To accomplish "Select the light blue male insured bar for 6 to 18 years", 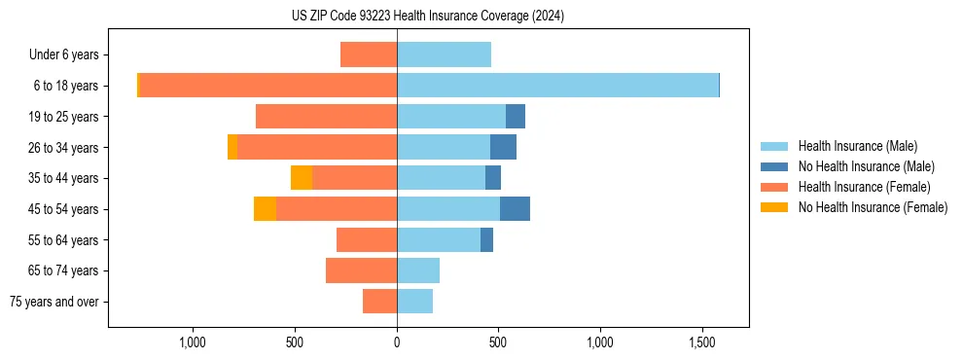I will tap(557, 86).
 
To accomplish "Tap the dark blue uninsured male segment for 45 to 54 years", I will tap(515, 209).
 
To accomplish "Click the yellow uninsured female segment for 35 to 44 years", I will tap(302, 178).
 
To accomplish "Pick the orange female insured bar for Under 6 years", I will tap(369, 54).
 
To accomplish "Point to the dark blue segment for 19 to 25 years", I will tap(516, 117).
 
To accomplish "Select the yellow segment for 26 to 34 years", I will tap(232, 147).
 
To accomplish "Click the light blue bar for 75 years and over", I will tap(414, 302).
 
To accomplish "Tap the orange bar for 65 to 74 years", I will tap(361, 270).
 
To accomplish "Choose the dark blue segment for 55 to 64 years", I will tap(486, 240).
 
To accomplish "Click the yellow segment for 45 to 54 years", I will tap(265, 209).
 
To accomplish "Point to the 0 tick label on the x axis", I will tap(397, 342).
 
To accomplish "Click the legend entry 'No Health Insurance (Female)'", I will tap(873, 207).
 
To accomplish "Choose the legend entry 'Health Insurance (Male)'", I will tap(857, 146).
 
